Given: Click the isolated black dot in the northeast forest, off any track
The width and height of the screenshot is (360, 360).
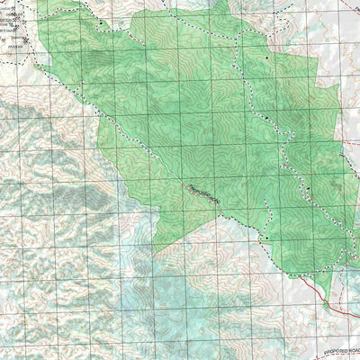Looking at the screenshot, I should click(266, 57).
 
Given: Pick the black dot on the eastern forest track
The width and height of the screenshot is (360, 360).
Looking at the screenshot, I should click(307, 188).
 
